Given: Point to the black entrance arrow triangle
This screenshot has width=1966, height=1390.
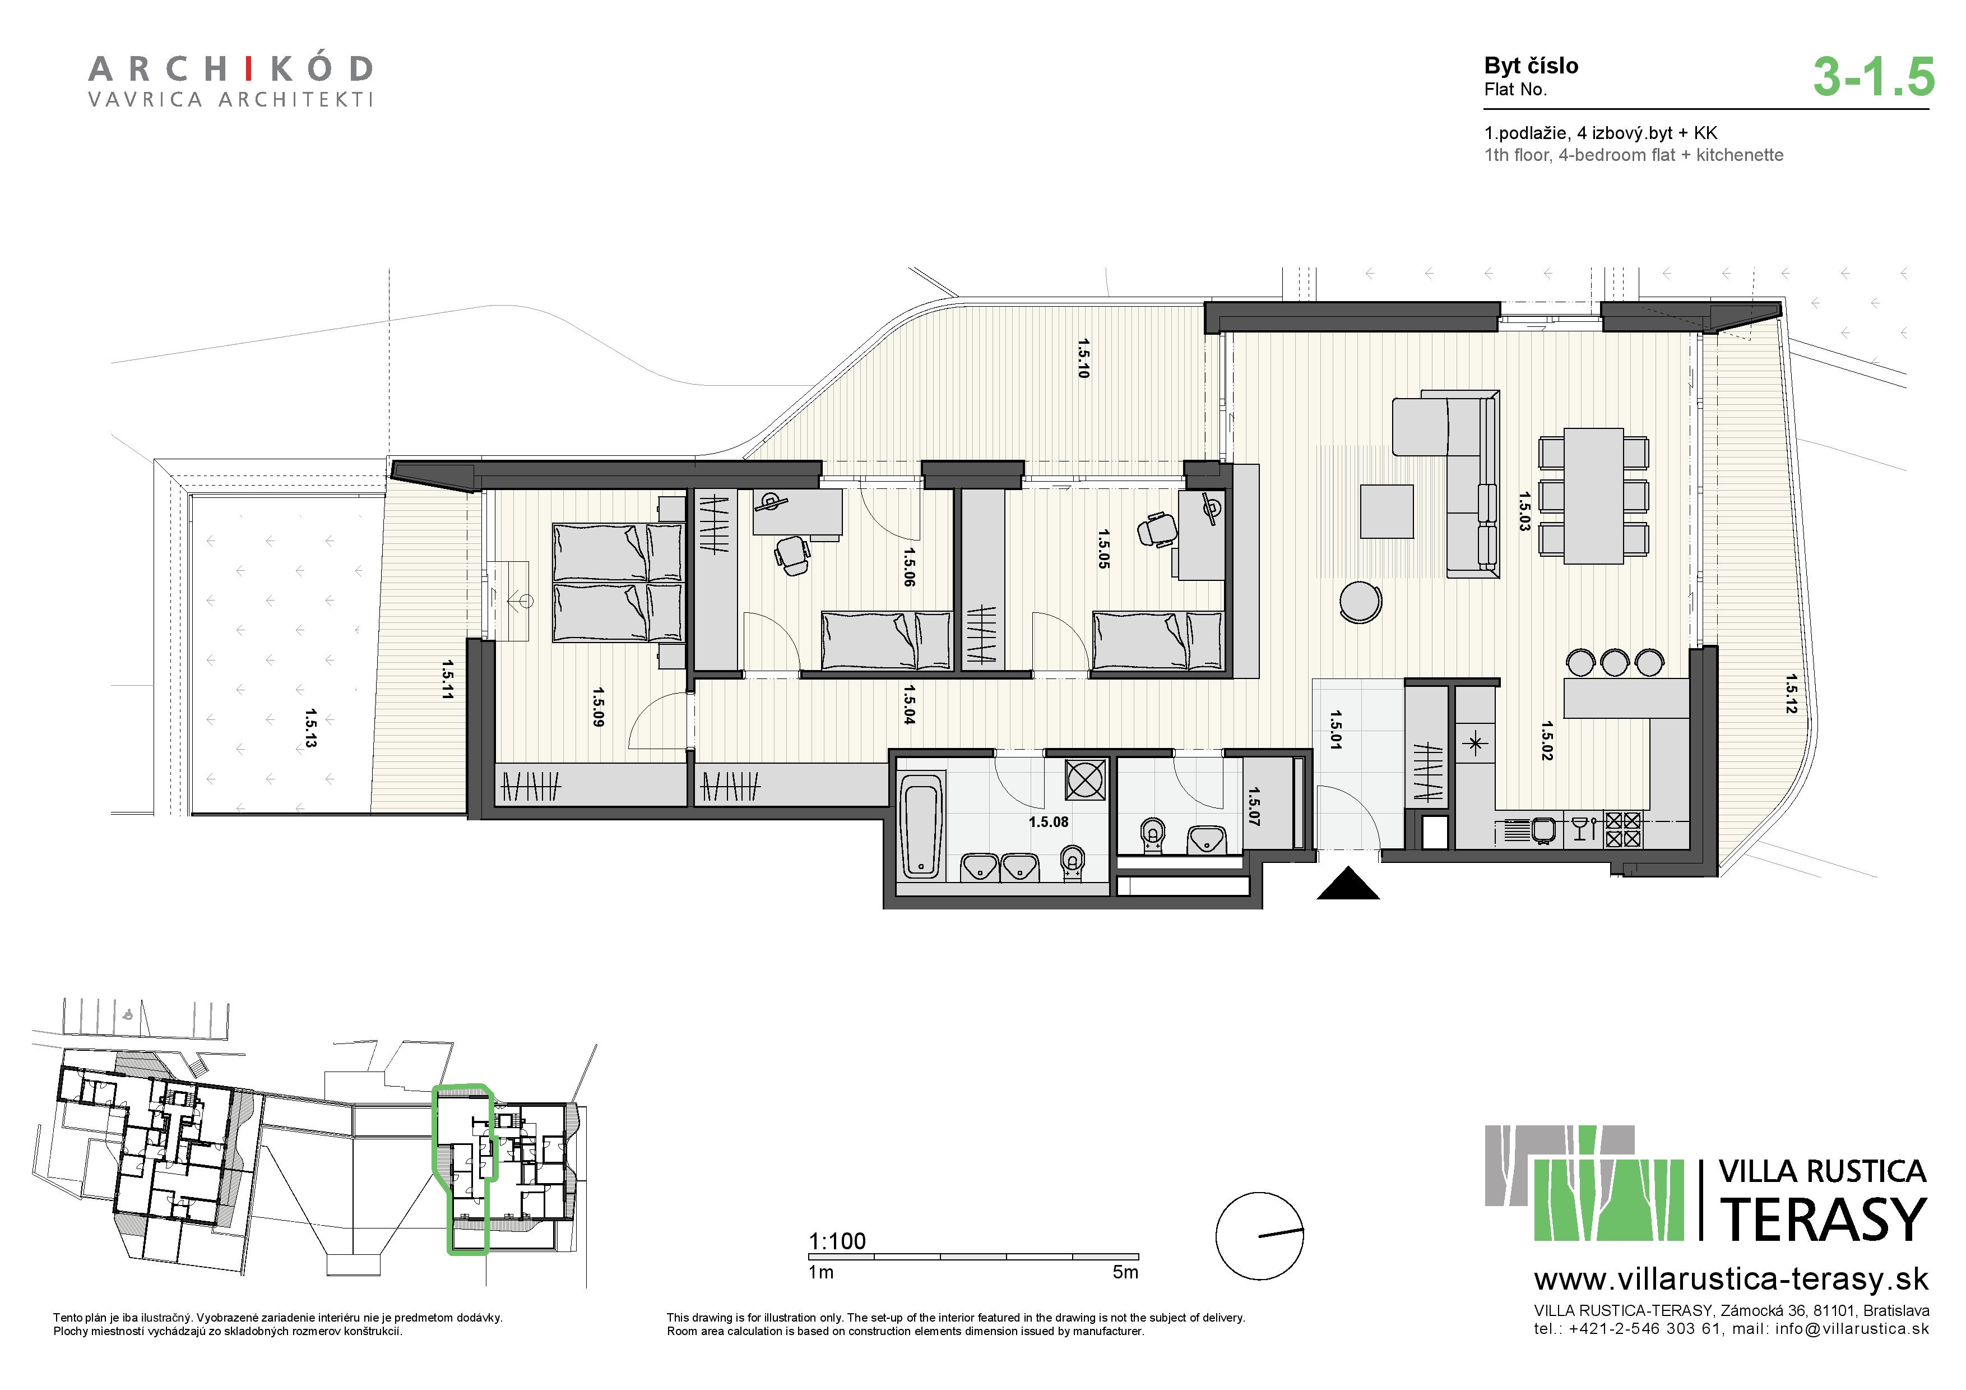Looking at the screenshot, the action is coord(1348,883).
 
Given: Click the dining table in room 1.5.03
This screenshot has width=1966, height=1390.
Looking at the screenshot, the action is coord(1593,496).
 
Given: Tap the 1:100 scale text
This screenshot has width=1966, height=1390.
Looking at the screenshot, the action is coord(837,1241).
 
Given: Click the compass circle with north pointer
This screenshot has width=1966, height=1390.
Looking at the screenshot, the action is coord(1260,1236).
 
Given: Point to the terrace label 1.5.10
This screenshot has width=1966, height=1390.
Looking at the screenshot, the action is coord(1084,358).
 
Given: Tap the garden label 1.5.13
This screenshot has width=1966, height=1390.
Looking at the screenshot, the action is coord(310,728).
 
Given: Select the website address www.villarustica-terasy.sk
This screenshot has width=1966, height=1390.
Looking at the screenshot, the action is coord(1731,1280).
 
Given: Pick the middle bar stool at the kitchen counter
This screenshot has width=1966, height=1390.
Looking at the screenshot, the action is coord(1615,663).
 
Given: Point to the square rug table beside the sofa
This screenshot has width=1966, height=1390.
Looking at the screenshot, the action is coord(1387,511).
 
